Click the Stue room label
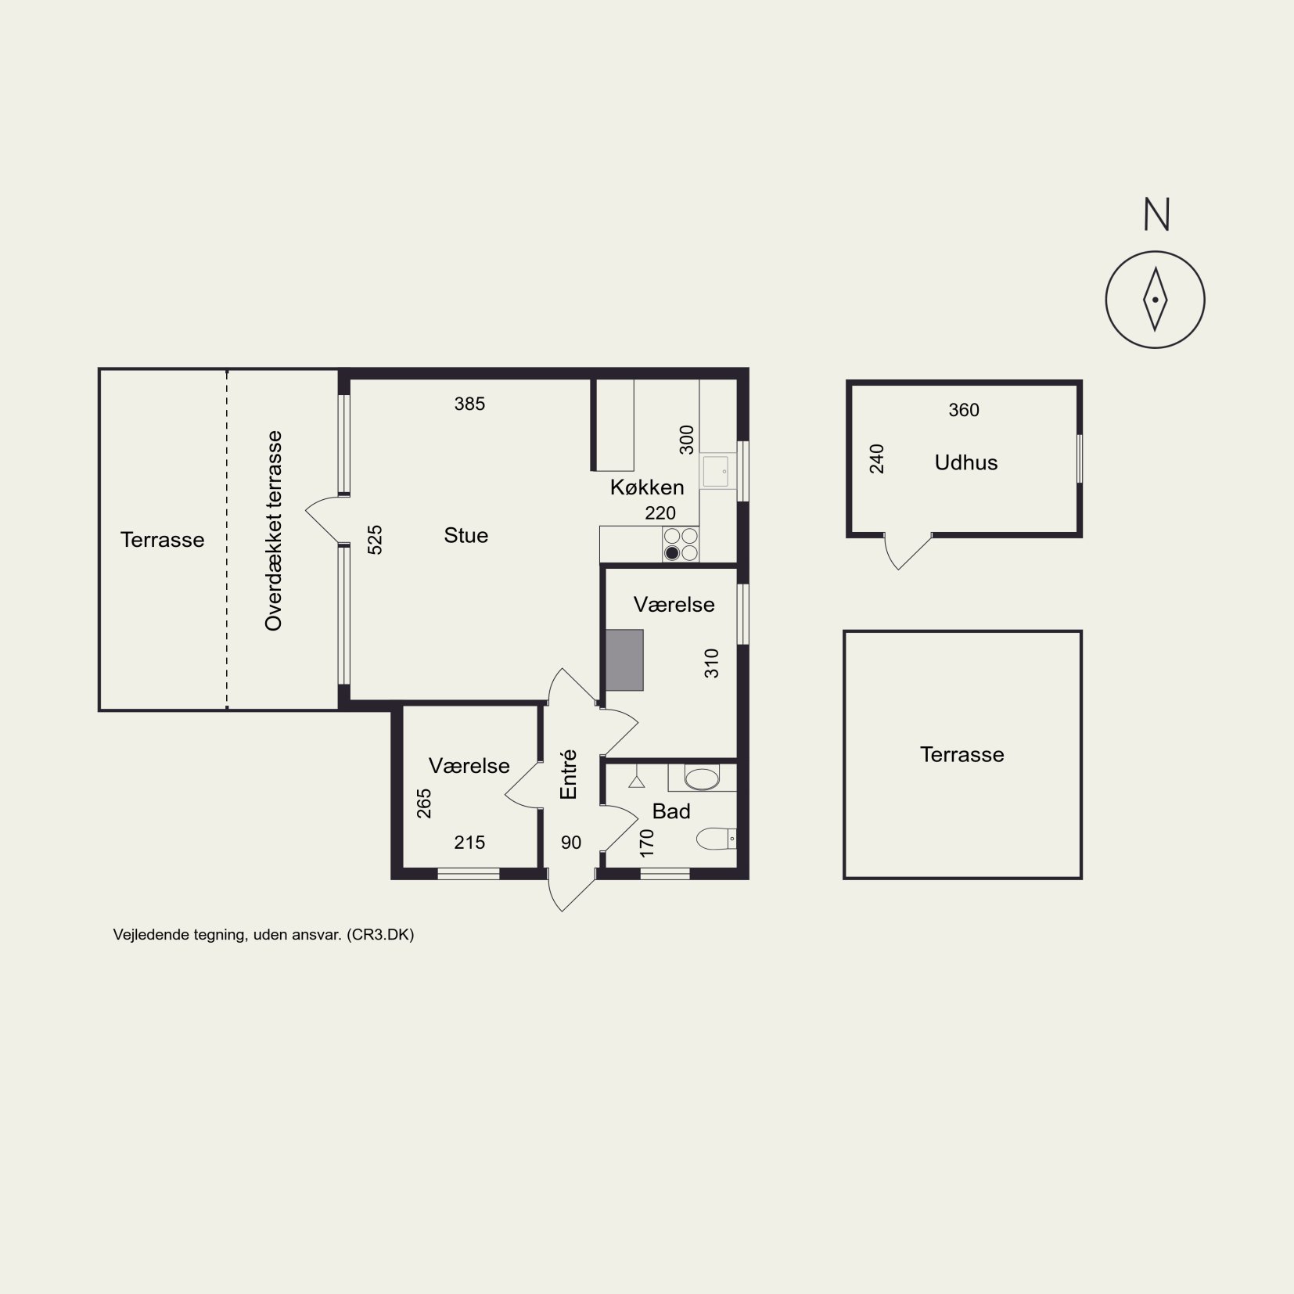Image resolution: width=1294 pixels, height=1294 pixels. (465, 536)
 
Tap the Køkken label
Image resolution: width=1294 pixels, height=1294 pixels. (647, 487)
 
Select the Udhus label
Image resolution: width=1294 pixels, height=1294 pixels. (966, 463)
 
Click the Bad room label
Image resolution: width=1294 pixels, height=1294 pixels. (671, 811)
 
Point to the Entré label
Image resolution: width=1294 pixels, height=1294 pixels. (569, 775)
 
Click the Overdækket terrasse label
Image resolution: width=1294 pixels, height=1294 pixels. (273, 531)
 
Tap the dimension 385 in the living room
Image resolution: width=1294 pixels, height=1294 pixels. (469, 404)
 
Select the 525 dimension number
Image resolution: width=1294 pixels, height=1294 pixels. (375, 540)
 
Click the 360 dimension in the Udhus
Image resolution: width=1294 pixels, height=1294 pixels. (964, 410)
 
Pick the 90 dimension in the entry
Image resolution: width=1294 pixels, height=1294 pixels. (571, 843)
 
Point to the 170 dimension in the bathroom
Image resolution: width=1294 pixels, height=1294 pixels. (646, 843)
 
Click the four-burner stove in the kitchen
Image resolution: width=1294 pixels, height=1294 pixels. (681, 545)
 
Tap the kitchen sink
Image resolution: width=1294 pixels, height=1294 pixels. (715, 473)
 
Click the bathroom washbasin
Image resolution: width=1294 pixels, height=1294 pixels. (702, 778)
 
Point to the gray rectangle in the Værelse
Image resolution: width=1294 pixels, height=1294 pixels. (624, 660)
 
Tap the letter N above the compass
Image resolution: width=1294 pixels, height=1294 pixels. (1156, 214)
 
